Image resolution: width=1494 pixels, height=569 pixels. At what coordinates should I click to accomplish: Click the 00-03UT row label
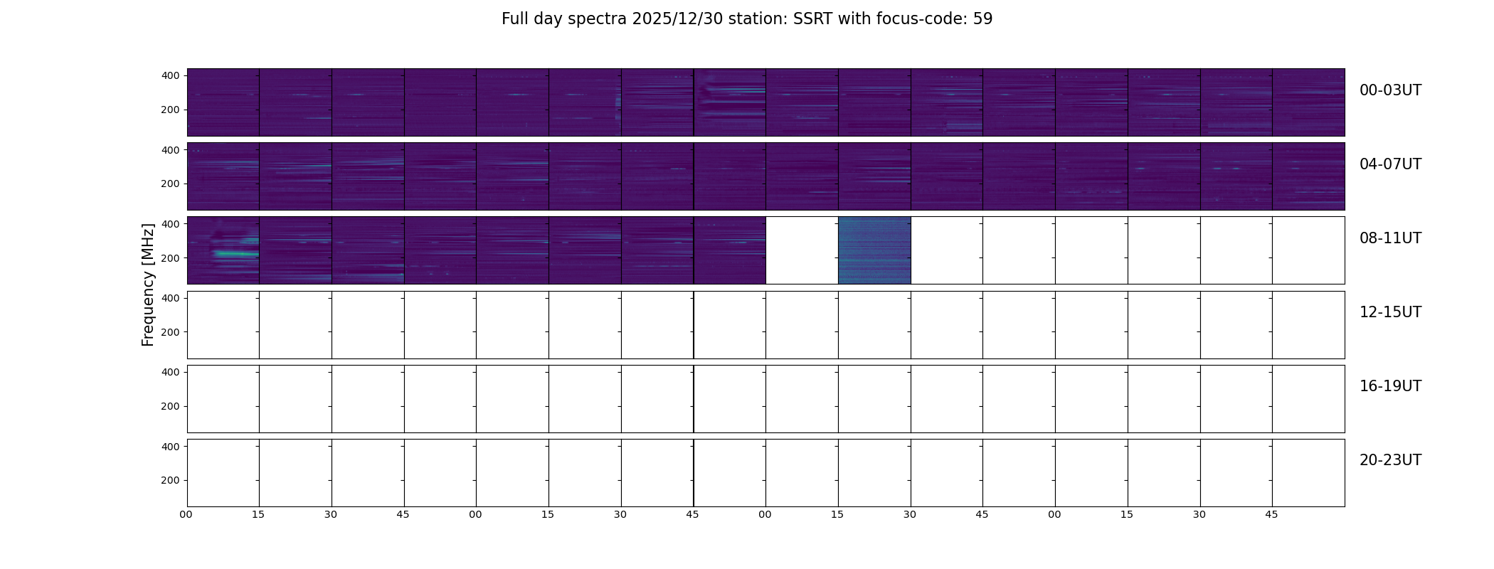pyautogui.click(x=1390, y=90)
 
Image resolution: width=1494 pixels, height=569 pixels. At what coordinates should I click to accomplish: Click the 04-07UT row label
pyautogui.click(x=1390, y=164)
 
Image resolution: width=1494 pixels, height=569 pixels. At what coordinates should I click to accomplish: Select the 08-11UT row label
pyautogui.click(x=1390, y=238)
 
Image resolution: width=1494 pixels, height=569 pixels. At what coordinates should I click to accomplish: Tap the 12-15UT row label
pyautogui.click(x=1390, y=312)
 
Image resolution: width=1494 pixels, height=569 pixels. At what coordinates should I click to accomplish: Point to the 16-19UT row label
pyautogui.click(x=1390, y=386)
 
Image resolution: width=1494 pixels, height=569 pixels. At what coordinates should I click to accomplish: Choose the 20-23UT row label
pyautogui.click(x=1390, y=460)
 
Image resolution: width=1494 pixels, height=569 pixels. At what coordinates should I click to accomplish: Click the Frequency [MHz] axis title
pyautogui.click(x=148, y=285)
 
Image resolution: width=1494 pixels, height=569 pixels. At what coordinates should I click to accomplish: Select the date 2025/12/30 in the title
pyautogui.click(x=677, y=19)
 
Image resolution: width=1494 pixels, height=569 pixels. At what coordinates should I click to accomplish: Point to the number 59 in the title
pyautogui.click(x=982, y=19)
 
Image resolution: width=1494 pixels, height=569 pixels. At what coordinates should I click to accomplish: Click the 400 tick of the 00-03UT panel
pyautogui.click(x=171, y=75)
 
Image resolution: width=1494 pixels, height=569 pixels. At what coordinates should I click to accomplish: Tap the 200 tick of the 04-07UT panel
pyautogui.click(x=171, y=184)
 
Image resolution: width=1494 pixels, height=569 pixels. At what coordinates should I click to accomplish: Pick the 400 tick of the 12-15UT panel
pyautogui.click(x=171, y=298)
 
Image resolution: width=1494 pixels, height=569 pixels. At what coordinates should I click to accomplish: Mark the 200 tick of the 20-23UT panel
pyautogui.click(x=171, y=480)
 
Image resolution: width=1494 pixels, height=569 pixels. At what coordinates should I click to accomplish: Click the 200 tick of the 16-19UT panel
pyautogui.click(x=171, y=406)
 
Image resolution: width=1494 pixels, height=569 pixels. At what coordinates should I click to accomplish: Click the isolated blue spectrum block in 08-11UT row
pyautogui.click(x=874, y=250)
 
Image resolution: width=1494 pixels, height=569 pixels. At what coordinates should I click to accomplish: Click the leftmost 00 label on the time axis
pyautogui.click(x=186, y=514)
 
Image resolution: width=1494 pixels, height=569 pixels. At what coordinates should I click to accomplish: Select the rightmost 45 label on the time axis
pyautogui.click(x=1271, y=514)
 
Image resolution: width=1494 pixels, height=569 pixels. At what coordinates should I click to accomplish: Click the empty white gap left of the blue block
pyautogui.click(x=802, y=250)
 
